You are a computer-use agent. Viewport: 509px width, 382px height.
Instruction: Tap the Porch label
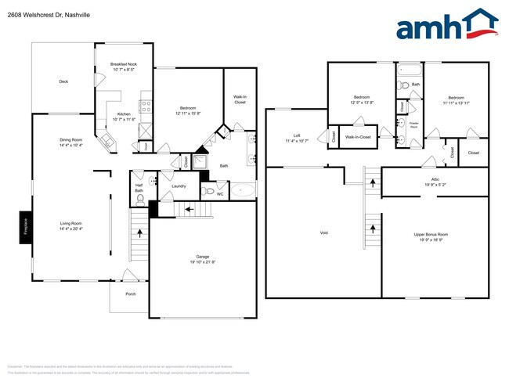[x=130, y=294]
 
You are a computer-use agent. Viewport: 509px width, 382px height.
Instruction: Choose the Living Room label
[x=71, y=224]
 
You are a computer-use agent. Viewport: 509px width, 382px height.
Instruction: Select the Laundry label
[x=179, y=186]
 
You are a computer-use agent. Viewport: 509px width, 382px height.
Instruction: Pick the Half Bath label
[x=139, y=188]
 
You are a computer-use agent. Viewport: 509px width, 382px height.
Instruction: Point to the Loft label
[x=297, y=135]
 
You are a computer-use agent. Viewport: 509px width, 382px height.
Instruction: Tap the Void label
[x=323, y=232]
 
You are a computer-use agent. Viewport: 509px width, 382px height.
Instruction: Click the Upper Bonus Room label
[x=431, y=234]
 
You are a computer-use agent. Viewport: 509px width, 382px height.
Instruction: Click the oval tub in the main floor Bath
[x=241, y=190]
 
